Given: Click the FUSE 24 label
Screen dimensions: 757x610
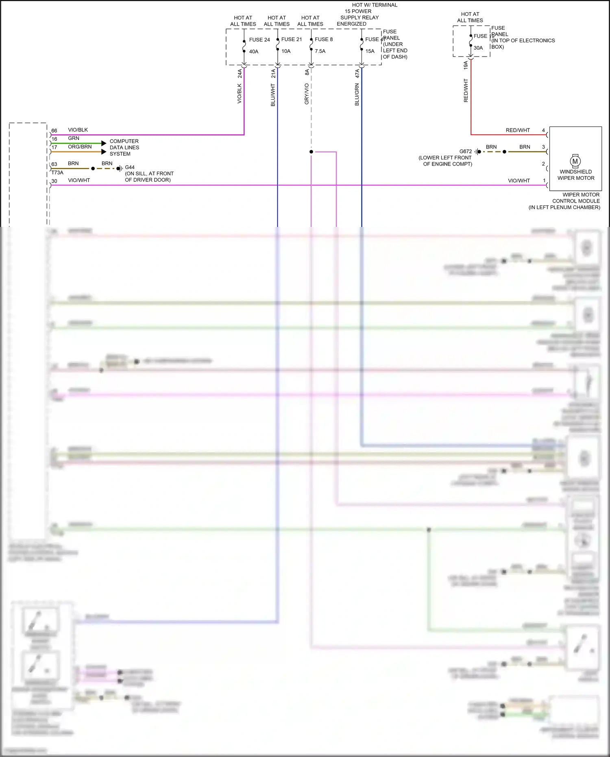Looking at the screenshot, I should coord(259,40).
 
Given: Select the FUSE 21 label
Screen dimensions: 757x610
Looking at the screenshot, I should coord(292,39).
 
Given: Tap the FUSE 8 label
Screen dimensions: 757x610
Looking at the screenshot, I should coord(324,39).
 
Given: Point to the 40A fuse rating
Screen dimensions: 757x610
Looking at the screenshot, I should coord(254,52).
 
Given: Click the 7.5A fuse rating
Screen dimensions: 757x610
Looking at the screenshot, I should coord(320,51).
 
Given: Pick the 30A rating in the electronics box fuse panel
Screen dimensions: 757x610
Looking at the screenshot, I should coord(478,48).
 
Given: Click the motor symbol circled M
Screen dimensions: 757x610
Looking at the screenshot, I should coord(575,161).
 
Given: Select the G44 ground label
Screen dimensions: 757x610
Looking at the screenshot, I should coord(130,167).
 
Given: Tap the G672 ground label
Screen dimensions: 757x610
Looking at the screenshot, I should coord(466,151).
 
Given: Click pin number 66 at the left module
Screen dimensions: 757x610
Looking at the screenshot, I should coord(54,131).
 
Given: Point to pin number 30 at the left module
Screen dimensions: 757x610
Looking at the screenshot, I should coord(54,181).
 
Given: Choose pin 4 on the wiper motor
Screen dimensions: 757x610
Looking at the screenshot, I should coord(543,131).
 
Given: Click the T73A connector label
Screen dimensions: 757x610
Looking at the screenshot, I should coord(57,172).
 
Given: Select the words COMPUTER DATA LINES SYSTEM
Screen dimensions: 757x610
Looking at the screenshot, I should coord(124,148).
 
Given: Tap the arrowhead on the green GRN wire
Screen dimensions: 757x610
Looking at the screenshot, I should coord(104,143).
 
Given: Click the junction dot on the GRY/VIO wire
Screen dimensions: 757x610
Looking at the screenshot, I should coord(311,152).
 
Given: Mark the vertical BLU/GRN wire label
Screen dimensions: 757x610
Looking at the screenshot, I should coord(357,94).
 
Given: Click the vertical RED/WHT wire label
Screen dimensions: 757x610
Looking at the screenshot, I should coord(466,90).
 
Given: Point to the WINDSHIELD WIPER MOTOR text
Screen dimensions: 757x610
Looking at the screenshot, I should coord(576,175).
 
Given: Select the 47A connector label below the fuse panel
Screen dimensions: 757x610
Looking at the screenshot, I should coord(357,74).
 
